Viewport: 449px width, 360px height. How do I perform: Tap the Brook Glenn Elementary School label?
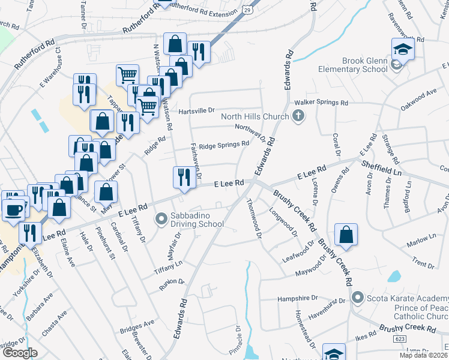[x=364, y=65]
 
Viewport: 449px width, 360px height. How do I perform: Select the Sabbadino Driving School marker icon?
[x=161, y=219]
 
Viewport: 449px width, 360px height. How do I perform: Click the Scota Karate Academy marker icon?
[x=358, y=297]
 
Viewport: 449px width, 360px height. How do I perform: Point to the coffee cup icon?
[x=14, y=209]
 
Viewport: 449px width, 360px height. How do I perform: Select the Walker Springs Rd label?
[x=326, y=103]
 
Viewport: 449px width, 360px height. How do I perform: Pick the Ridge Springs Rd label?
[x=223, y=145]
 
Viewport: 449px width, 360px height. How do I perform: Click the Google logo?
[x=20, y=352]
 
